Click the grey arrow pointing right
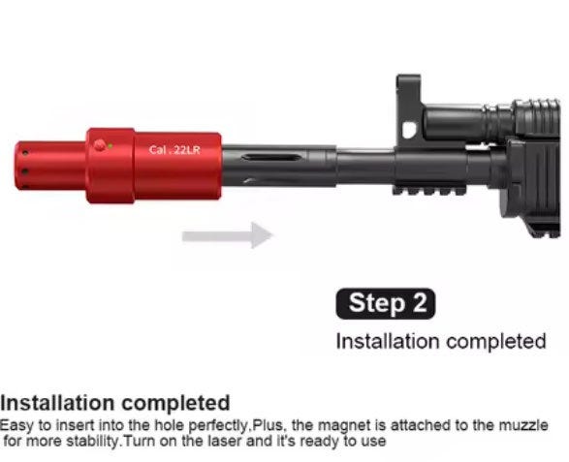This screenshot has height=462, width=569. (227, 235)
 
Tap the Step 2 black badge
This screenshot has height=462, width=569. (386, 303)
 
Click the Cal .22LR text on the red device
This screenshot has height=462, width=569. (174, 150)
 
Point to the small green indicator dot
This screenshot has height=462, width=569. (110, 146)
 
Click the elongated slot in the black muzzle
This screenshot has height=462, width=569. (271, 157)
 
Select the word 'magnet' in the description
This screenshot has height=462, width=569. (343, 425)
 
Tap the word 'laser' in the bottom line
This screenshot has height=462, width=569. (227, 442)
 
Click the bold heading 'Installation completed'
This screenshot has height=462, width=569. (115, 403)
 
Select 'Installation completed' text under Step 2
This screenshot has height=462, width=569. (441, 341)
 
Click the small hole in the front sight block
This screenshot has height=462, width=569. (410, 130)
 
